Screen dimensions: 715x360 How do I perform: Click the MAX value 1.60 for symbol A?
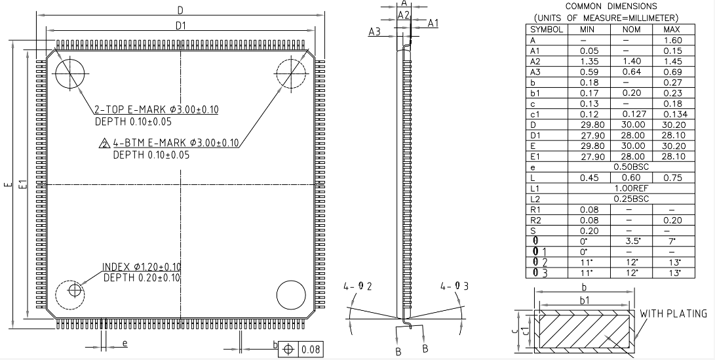tap(673, 40)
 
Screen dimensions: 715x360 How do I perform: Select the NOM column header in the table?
tap(631, 30)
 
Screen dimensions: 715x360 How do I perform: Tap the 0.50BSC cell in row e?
tap(631, 167)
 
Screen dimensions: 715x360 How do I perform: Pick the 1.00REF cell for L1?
tap(631, 188)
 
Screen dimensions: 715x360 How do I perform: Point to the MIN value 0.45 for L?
tap(589, 178)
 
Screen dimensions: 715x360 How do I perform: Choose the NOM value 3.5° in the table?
tap(631, 241)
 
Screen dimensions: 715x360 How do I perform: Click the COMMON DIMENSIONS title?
tap(611, 7)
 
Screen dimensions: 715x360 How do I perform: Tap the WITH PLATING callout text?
tap(674, 313)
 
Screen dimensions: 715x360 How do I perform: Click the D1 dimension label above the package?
tap(181, 26)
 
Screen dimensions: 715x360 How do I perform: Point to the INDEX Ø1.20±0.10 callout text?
tap(142, 266)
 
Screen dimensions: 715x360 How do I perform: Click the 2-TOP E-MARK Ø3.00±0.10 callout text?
tap(157, 110)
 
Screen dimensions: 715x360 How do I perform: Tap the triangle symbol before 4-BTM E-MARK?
tap(105, 144)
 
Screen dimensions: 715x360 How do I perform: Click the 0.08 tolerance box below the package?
tap(311, 350)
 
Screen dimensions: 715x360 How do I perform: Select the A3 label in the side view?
tap(374, 32)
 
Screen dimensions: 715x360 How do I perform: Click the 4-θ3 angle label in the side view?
tap(454, 286)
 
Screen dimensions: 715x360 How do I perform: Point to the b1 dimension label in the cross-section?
tap(584, 300)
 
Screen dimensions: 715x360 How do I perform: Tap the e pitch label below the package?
tap(125, 343)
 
